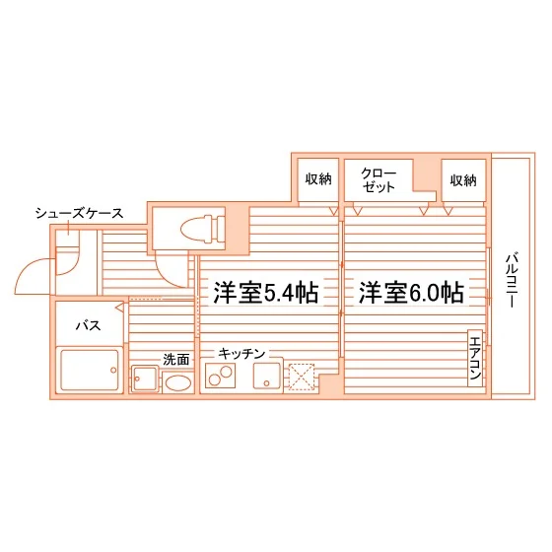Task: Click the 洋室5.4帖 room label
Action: [266, 293]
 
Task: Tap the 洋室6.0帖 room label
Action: [411, 293]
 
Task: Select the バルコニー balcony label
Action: [512, 280]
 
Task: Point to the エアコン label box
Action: [475, 358]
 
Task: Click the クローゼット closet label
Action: [379, 180]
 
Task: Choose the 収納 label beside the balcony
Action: [463, 180]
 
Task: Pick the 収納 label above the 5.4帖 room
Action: [318, 179]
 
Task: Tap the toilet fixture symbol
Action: [202, 229]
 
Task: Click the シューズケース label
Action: [79, 213]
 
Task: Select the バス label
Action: [89, 325]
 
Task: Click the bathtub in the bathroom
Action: [90, 370]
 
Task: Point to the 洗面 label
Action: [176, 360]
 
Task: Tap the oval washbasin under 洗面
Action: [178, 382]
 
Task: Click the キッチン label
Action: [241, 353]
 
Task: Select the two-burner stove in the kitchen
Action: [221, 376]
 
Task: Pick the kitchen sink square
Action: [267, 376]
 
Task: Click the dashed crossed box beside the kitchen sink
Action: [302, 377]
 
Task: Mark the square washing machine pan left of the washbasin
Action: [145, 379]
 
